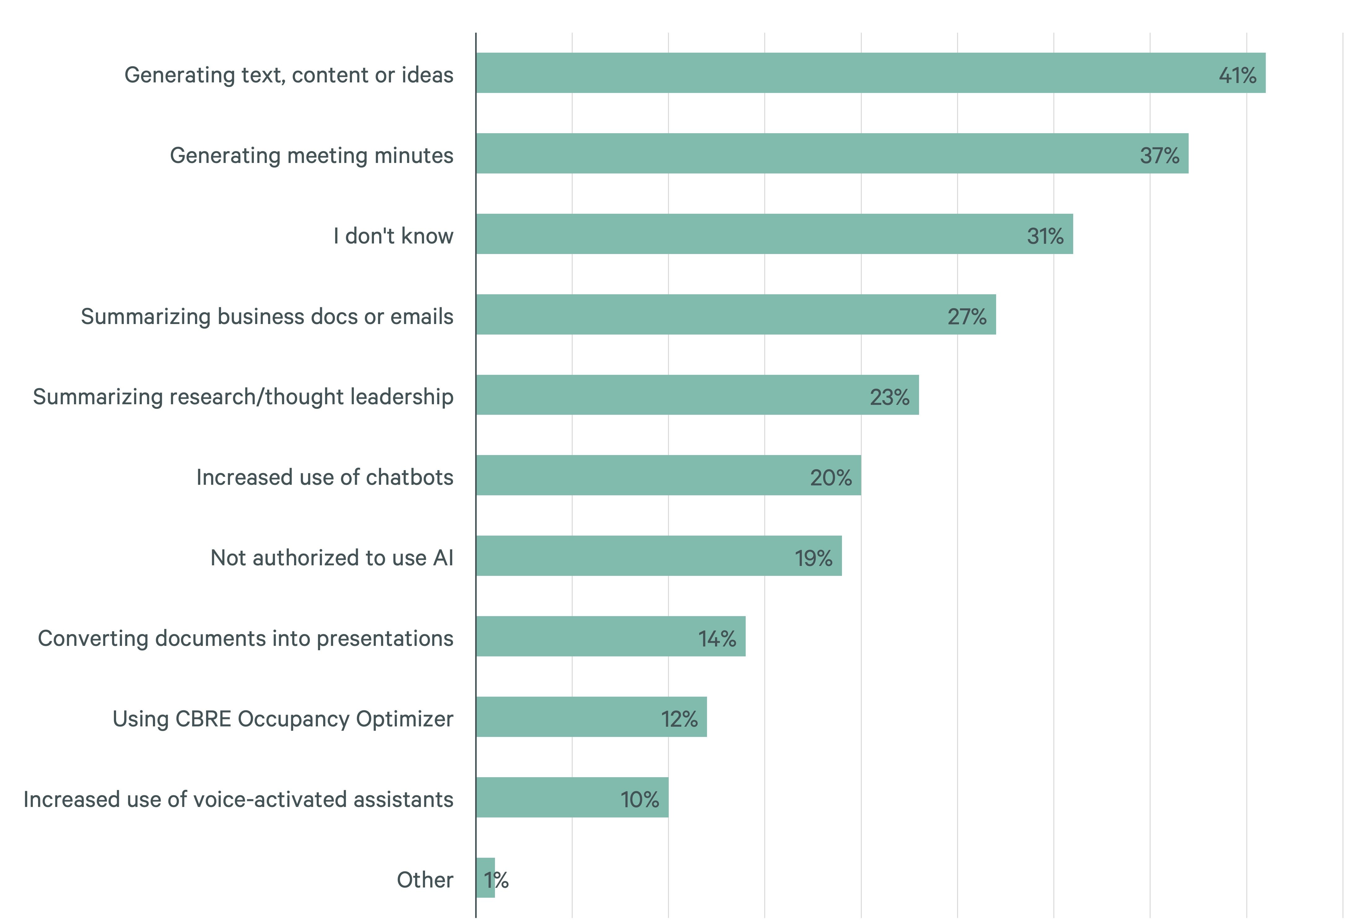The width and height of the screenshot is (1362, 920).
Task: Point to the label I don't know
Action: (x=393, y=236)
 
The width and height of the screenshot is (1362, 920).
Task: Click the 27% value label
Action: (x=967, y=317)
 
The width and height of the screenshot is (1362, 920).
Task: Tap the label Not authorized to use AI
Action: (x=332, y=558)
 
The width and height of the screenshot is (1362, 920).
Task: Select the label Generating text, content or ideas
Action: (x=289, y=75)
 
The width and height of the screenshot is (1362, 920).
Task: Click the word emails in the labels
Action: (x=422, y=317)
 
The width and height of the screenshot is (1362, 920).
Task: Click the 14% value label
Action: (x=717, y=638)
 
